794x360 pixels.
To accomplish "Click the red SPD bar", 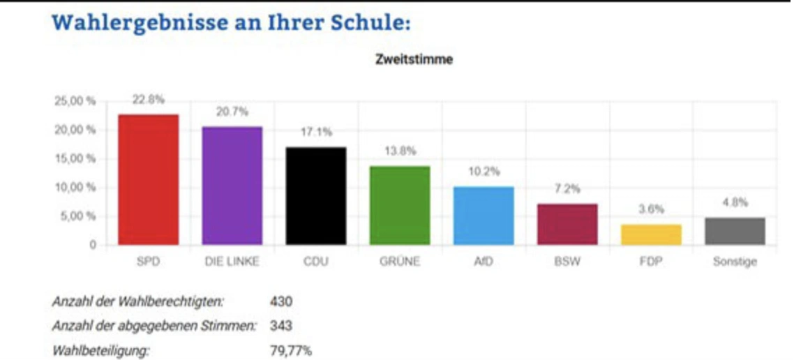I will point(149,179).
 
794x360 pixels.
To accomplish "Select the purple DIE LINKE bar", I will point(232,186).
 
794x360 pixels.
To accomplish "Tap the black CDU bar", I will point(316,195).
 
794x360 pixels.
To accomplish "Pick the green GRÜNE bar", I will point(400,205).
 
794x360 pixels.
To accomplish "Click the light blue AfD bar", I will point(484,216).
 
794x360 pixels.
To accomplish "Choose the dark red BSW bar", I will point(567,224).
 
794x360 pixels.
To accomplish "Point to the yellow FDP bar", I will point(651,234).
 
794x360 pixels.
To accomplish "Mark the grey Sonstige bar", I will point(735,231).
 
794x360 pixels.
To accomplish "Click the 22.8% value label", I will point(149,100).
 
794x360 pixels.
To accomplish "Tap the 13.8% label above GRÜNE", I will point(400,151).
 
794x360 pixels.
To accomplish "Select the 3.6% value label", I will point(651,209).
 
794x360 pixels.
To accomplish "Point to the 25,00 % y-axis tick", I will point(75,102).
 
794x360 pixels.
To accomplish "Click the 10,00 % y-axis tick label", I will point(75,187).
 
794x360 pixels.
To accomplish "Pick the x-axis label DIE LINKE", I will point(232,262).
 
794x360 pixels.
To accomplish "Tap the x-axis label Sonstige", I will point(735,262).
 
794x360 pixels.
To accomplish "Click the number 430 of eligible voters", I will point(281,302).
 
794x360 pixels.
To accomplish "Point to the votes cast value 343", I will point(281,326).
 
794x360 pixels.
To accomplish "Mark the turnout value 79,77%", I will point(290,350).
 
